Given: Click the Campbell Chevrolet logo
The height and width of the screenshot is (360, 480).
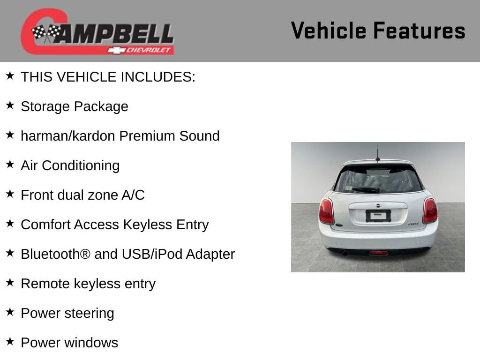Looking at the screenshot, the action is pos(97,31).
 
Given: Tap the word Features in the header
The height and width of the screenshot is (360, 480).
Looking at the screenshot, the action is pos(419,30).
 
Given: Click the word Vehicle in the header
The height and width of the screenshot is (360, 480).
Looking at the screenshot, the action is pos(329,30).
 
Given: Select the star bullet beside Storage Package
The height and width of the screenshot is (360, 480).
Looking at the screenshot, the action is pos(10,105).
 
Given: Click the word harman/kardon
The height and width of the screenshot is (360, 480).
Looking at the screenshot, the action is pos(67,136).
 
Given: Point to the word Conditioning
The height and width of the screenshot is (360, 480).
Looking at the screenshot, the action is pos(81,166).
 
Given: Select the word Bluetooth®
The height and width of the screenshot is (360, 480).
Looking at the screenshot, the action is pos(55,254).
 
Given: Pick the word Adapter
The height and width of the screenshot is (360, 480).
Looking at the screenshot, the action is pos(210,255).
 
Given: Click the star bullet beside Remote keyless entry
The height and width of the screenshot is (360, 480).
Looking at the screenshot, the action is pos(10,282).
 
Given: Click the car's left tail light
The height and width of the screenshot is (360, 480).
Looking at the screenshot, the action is pos(326,211).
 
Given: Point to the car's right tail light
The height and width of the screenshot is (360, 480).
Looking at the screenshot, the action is pos(430,210).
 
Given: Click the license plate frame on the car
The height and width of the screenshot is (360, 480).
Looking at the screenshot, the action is pos(378,216).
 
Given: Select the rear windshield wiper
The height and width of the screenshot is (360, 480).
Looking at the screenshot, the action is pos(366,190).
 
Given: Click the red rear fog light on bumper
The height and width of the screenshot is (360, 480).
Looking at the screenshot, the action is pos(379,253).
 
